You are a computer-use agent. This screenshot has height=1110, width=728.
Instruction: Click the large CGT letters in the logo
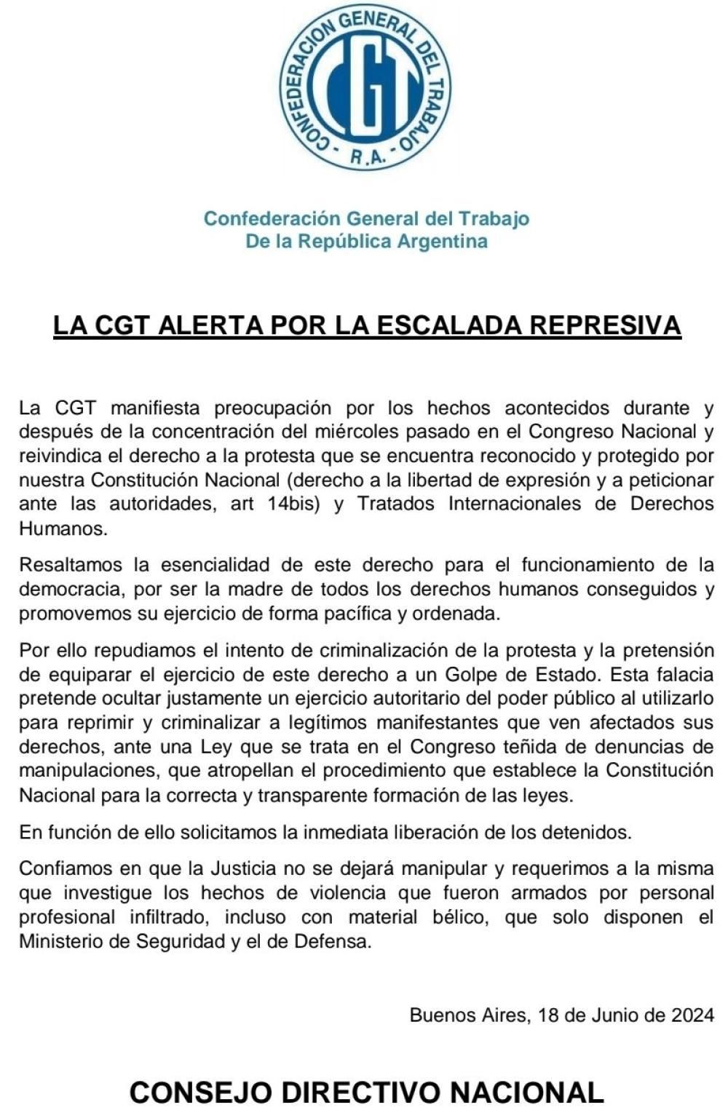pos(366,87)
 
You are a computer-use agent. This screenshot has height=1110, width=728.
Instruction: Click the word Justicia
pos(243,868)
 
